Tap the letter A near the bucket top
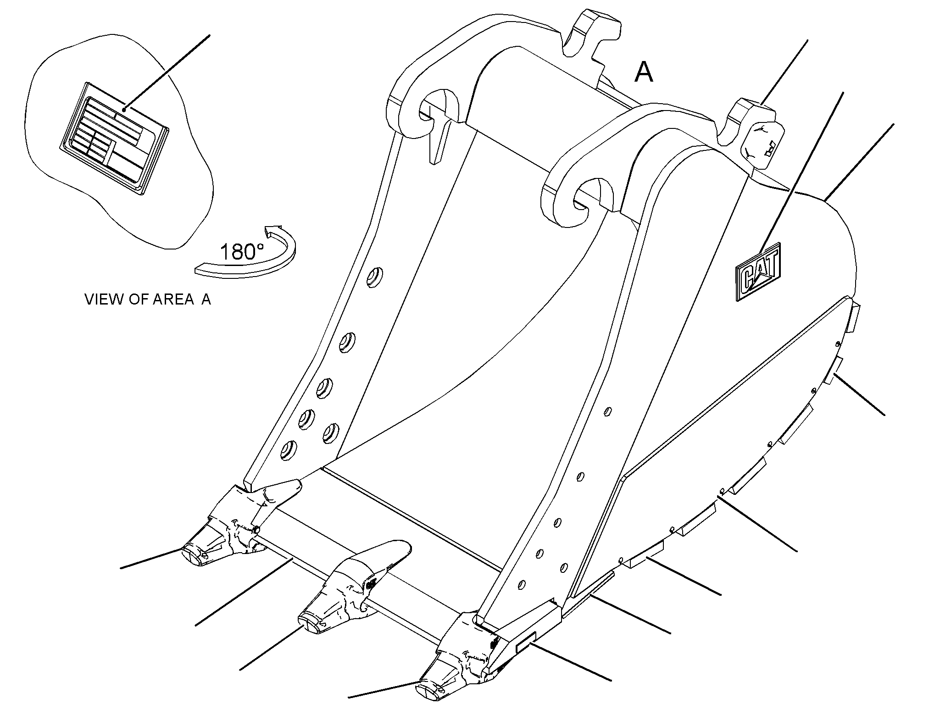click(x=644, y=72)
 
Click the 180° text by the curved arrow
click(x=242, y=252)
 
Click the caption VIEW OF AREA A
click(x=148, y=299)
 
